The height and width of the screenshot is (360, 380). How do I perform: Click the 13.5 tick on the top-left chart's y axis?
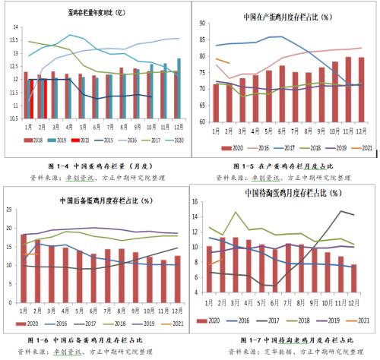coord(14,41)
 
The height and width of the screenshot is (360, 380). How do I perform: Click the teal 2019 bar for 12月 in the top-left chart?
coord(179,88)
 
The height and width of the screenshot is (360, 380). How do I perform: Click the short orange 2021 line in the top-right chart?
coord(222,60)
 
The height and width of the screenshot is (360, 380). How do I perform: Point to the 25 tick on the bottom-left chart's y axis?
coord(11,212)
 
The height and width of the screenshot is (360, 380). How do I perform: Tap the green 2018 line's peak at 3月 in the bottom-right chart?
coord(236,212)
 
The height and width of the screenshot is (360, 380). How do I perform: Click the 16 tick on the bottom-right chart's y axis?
coord(199,201)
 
